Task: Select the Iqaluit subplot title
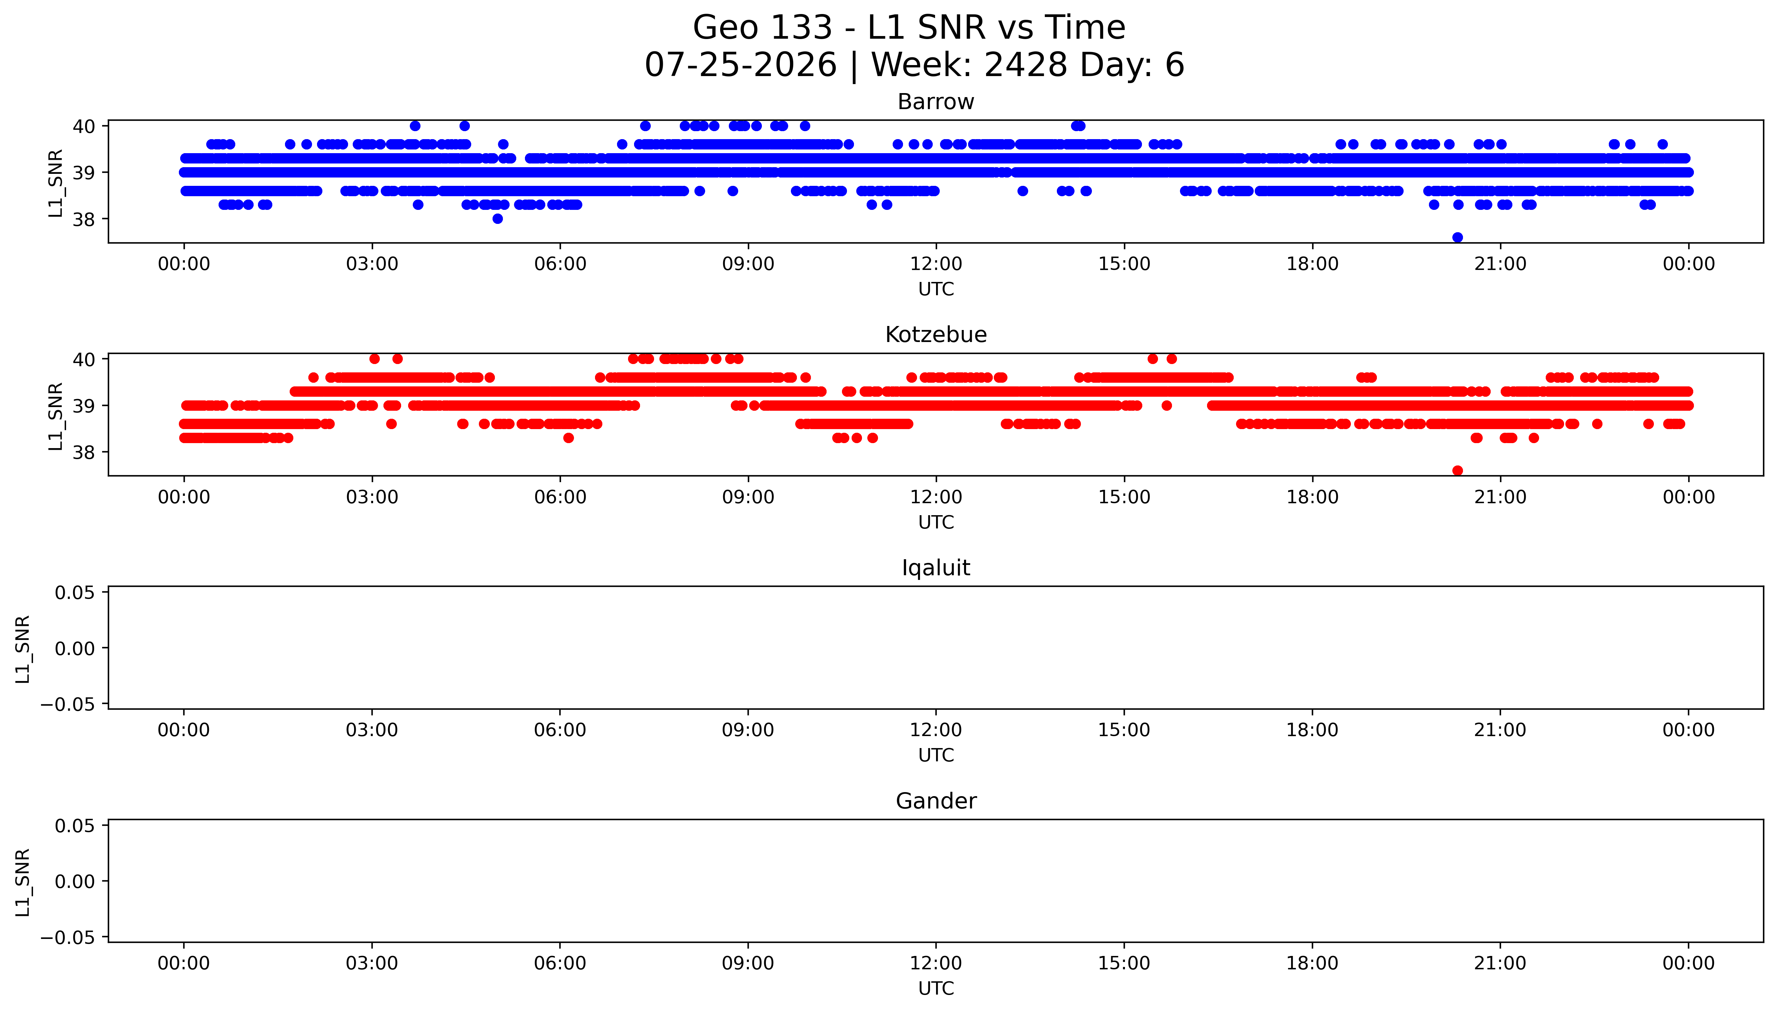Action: click(x=935, y=568)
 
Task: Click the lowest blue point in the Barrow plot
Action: click(x=1457, y=237)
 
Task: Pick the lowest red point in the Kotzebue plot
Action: click(x=1457, y=470)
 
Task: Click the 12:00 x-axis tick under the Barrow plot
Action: click(x=936, y=264)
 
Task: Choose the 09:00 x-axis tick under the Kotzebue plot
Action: click(x=748, y=497)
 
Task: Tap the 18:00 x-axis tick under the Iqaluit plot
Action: click(x=1312, y=730)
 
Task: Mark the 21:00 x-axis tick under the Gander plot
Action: click(x=1500, y=963)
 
